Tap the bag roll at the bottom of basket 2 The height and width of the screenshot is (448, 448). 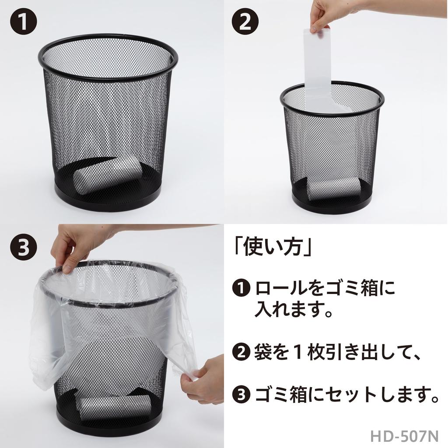[x=333, y=189]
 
